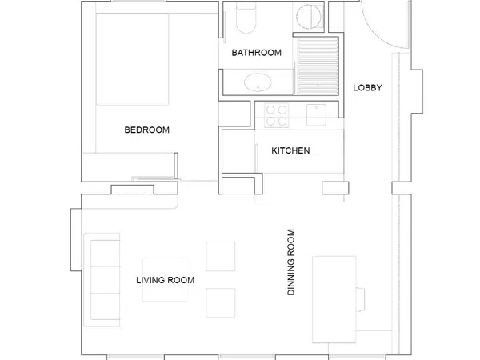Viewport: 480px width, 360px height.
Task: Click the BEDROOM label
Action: [147, 130]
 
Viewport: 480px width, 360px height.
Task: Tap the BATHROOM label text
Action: [257, 53]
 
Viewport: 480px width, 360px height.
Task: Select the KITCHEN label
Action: [290, 150]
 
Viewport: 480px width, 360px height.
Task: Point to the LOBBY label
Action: [368, 88]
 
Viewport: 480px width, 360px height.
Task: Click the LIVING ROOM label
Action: [166, 280]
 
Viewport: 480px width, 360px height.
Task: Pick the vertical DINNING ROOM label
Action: [291, 262]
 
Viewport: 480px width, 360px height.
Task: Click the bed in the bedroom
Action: [132, 59]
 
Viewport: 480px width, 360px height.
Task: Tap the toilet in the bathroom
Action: [246, 18]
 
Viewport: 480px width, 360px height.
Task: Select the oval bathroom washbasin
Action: [258, 82]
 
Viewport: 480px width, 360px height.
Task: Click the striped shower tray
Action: [317, 66]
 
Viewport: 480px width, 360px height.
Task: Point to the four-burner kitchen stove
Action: [277, 115]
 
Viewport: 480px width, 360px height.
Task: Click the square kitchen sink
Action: [316, 114]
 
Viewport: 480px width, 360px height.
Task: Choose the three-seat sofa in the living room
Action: [102, 280]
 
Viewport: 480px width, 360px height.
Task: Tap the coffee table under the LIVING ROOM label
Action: [164, 280]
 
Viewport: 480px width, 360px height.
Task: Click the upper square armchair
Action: [221, 256]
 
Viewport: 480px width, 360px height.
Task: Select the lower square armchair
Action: [221, 302]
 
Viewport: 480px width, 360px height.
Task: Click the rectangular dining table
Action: [334, 299]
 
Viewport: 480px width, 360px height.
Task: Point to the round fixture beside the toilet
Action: [310, 17]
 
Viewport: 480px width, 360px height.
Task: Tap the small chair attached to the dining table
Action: [360, 300]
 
